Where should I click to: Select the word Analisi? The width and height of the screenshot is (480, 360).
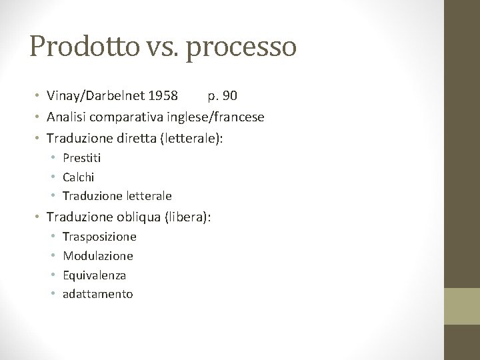tap(67, 117)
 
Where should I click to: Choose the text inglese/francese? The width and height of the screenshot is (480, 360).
tap(214, 117)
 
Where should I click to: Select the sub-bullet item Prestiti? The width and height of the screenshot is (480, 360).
tap(81, 158)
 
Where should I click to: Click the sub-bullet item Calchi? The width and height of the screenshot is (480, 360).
tap(78, 177)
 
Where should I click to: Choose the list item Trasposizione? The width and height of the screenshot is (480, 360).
tap(99, 237)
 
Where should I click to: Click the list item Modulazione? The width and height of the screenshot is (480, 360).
tap(98, 256)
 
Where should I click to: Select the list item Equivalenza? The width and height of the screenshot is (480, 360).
tap(94, 275)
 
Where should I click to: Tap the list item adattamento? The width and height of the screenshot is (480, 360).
tap(97, 294)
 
